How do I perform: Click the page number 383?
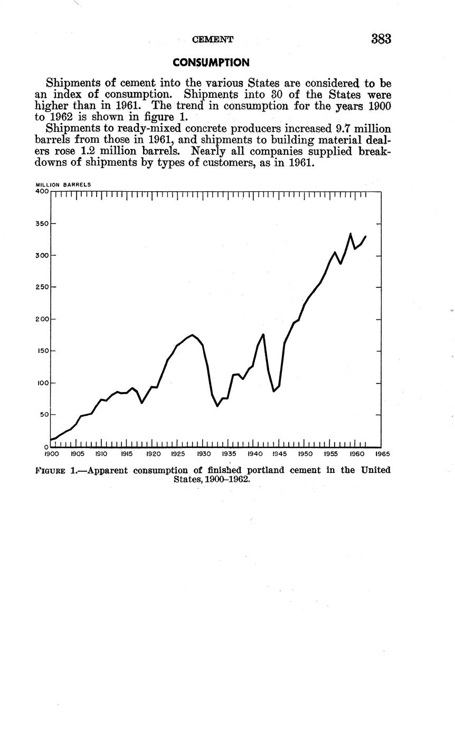(x=381, y=39)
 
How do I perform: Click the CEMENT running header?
(x=212, y=40)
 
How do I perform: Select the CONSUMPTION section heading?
(x=211, y=63)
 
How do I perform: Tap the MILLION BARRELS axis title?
(x=63, y=185)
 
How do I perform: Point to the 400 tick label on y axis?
(x=42, y=191)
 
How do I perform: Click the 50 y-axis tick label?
(x=44, y=415)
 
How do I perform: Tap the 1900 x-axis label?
(x=51, y=454)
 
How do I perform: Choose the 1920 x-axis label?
(x=153, y=454)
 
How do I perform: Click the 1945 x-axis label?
(x=279, y=454)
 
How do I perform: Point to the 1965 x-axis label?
(x=382, y=454)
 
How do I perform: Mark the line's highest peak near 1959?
(x=350, y=233)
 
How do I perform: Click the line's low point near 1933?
(x=217, y=406)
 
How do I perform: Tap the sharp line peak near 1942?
(x=263, y=334)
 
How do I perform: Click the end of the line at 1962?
(x=366, y=236)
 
